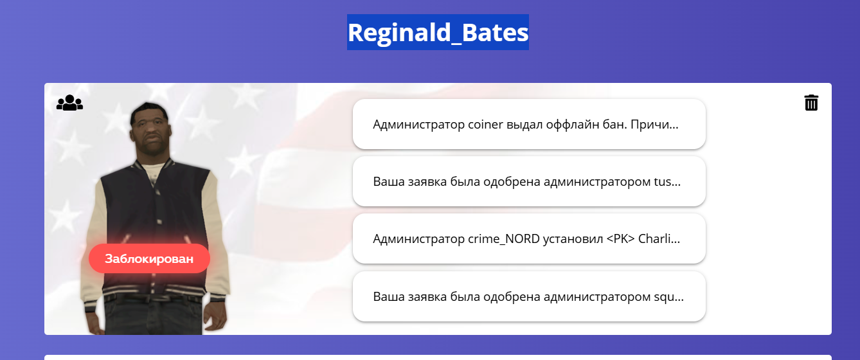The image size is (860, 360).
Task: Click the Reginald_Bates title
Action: [438, 33]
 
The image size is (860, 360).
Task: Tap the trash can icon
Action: [811, 102]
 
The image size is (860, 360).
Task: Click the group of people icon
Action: [69, 102]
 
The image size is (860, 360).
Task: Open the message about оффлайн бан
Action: [529, 124]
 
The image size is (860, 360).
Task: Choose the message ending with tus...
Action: [529, 181]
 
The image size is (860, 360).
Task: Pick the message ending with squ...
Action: [529, 296]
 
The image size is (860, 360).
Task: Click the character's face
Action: [151, 130]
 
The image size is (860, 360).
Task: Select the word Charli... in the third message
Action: [659, 239]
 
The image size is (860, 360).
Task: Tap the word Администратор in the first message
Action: [418, 125]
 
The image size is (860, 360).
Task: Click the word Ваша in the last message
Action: [388, 296]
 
